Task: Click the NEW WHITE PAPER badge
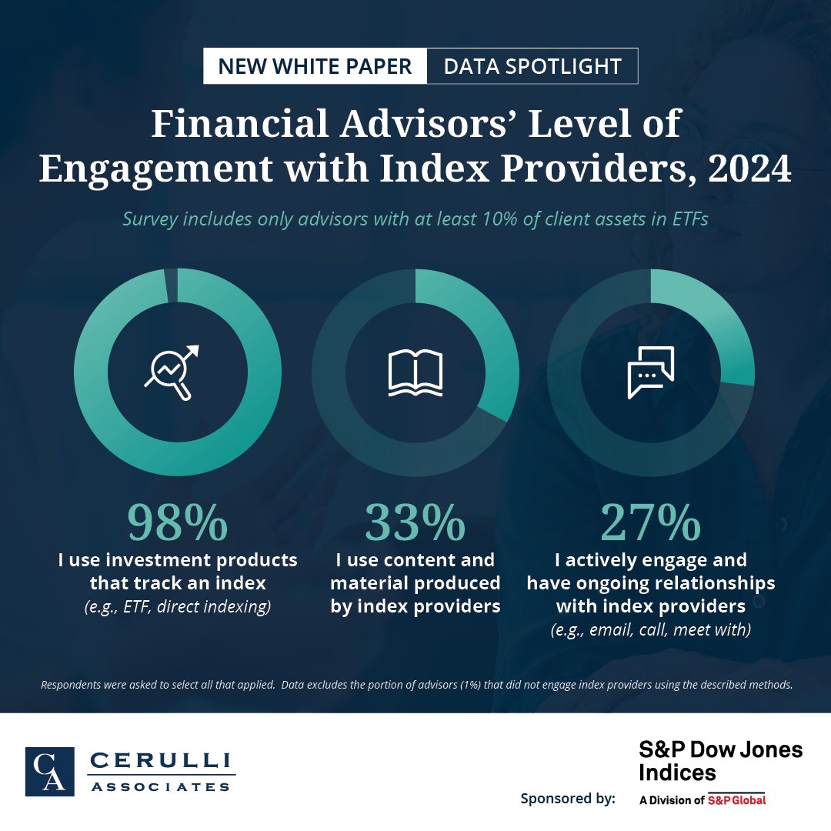tap(315, 66)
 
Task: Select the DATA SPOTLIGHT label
tap(532, 66)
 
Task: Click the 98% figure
tap(178, 522)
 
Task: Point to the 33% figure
tap(415, 522)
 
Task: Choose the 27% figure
tap(651, 522)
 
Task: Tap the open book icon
tap(415, 373)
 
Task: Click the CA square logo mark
tap(49, 771)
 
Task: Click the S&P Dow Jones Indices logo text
tap(720, 760)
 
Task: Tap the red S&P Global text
tap(736, 799)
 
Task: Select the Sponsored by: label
tap(568, 798)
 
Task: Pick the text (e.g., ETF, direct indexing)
tap(178, 606)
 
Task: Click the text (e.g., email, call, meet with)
tap(651, 629)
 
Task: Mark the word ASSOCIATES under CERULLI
tap(161, 786)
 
